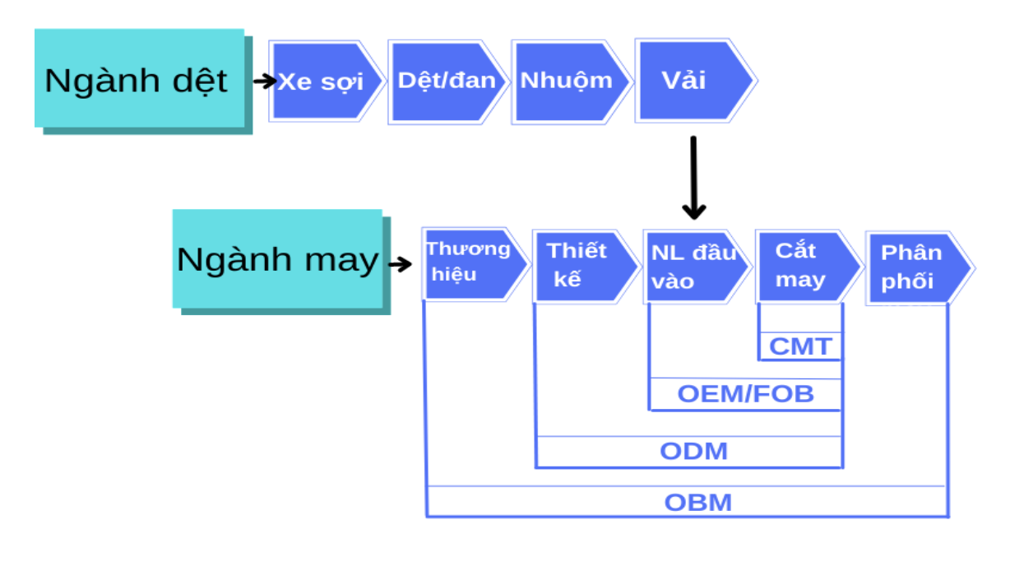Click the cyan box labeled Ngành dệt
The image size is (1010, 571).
(140, 79)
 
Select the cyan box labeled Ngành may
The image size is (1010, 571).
(278, 258)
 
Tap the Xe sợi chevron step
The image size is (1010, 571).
(321, 81)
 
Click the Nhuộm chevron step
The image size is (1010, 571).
(567, 81)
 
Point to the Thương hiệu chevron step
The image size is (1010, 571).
(469, 262)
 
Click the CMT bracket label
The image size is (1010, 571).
(800, 346)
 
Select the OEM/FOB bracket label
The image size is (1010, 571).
(745, 394)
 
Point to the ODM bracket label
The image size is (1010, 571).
(693, 451)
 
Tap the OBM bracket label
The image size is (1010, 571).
(697, 502)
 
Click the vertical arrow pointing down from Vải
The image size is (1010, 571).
(694, 178)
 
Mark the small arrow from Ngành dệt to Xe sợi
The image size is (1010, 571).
(264, 81)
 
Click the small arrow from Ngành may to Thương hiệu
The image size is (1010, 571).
(400, 264)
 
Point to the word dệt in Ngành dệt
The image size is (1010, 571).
(195, 81)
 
